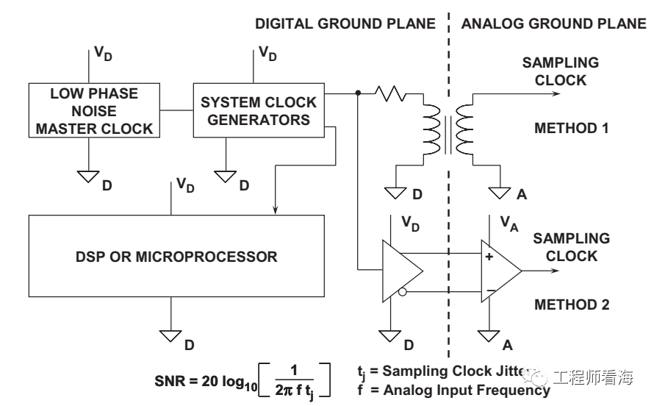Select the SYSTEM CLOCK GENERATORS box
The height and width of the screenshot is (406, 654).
[x=258, y=111]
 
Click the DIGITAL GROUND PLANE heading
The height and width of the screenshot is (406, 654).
[x=345, y=24]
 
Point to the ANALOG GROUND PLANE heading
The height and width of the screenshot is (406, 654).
[x=553, y=24]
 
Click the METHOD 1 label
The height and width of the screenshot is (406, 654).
[x=570, y=128]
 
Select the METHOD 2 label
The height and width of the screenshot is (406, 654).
[x=570, y=304]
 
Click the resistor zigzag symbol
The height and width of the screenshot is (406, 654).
[x=390, y=93]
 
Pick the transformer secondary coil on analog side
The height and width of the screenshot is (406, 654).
[x=463, y=128]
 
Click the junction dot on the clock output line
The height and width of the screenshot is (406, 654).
[x=357, y=93]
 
